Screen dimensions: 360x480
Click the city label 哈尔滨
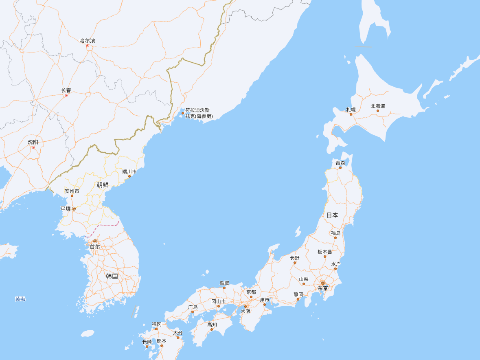pyautogui.click(x=88, y=40)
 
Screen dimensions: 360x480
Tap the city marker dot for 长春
pyautogui.click(x=66, y=96)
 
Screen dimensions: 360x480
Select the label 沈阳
pyautogui.click(x=33, y=142)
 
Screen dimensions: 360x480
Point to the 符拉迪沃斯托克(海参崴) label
pyautogui.click(x=198, y=113)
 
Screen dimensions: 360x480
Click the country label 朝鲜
pyautogui.click(x=103, y=185)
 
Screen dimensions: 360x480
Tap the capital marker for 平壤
pyautogui.click(x=74, y=209)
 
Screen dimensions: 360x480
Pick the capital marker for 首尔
pyautogui.click(x=95, y=241)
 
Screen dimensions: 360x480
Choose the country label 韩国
pyautogui.click(x=112, y=276)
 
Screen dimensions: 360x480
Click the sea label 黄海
pyautogui.click(x=20, y=299)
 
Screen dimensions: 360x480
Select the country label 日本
pyautogui.click(x=332, y=215)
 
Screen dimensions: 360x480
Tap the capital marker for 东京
pyautogui.click(x=323, y=283)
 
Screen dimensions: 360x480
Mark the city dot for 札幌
pyautogui.click(x=351, y=114)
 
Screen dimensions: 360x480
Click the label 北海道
pyautogui.click(x=377, y=106)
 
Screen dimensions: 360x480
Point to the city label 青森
pyautogui.click(x=340, y=162)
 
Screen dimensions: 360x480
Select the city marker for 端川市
pyautogui.click(x=129, y=176)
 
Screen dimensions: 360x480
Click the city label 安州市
pyautogui.click(x=72, y=191)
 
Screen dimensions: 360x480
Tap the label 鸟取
pyautogui.click(x=224, y=283)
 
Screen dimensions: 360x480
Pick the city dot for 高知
pyautogui.click(x=212, y=329)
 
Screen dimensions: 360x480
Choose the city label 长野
pyautogui.click(x=295, y=258)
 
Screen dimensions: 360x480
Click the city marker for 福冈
pyautogui.click(x=156, y=329)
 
